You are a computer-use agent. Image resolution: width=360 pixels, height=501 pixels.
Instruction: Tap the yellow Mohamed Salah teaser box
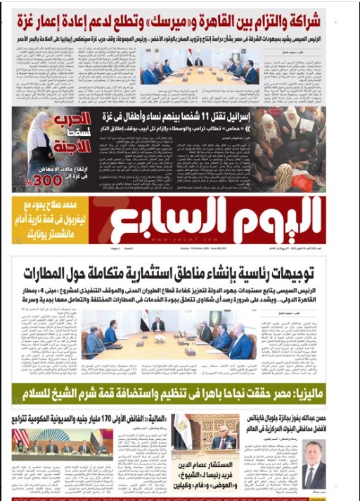point(49,220)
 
